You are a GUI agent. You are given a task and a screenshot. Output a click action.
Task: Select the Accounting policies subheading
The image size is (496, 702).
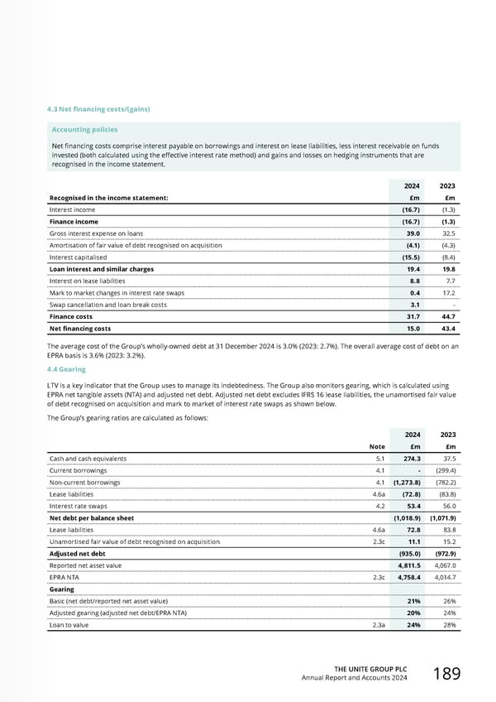[84, 129]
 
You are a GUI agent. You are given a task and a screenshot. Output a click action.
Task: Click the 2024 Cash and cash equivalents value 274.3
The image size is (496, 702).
[412, 458]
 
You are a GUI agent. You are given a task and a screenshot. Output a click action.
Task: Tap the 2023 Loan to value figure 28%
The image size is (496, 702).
[450, 626]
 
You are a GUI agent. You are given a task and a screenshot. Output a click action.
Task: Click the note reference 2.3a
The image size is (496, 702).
[377, 626]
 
